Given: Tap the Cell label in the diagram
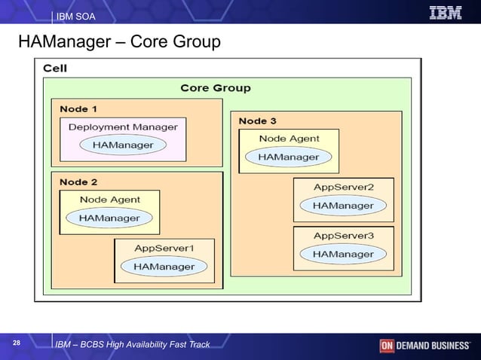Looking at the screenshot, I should point(55,68).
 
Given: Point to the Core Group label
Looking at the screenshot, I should point(216,88).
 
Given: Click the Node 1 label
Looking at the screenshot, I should point(78,109).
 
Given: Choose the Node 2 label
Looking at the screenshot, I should point(78,182).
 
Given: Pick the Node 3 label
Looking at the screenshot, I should point(257,121).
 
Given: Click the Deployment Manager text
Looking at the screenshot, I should point(123,127).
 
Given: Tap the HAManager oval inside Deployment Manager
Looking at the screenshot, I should point(123,145).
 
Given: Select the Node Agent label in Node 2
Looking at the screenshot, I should point(109,200).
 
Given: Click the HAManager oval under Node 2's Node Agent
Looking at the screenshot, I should point(109,218).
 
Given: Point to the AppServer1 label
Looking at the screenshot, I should point(164,248).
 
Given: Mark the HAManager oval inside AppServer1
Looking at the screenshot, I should point(164,266).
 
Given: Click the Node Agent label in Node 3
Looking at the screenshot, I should point(289,139).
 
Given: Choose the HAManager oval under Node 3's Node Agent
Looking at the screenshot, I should point(289,157).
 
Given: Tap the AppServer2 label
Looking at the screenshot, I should point(343,187).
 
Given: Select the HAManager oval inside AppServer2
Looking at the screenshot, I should point(343,205).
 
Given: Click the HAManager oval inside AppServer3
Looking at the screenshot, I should point(343,254).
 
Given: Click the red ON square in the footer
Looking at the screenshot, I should point(387,346).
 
